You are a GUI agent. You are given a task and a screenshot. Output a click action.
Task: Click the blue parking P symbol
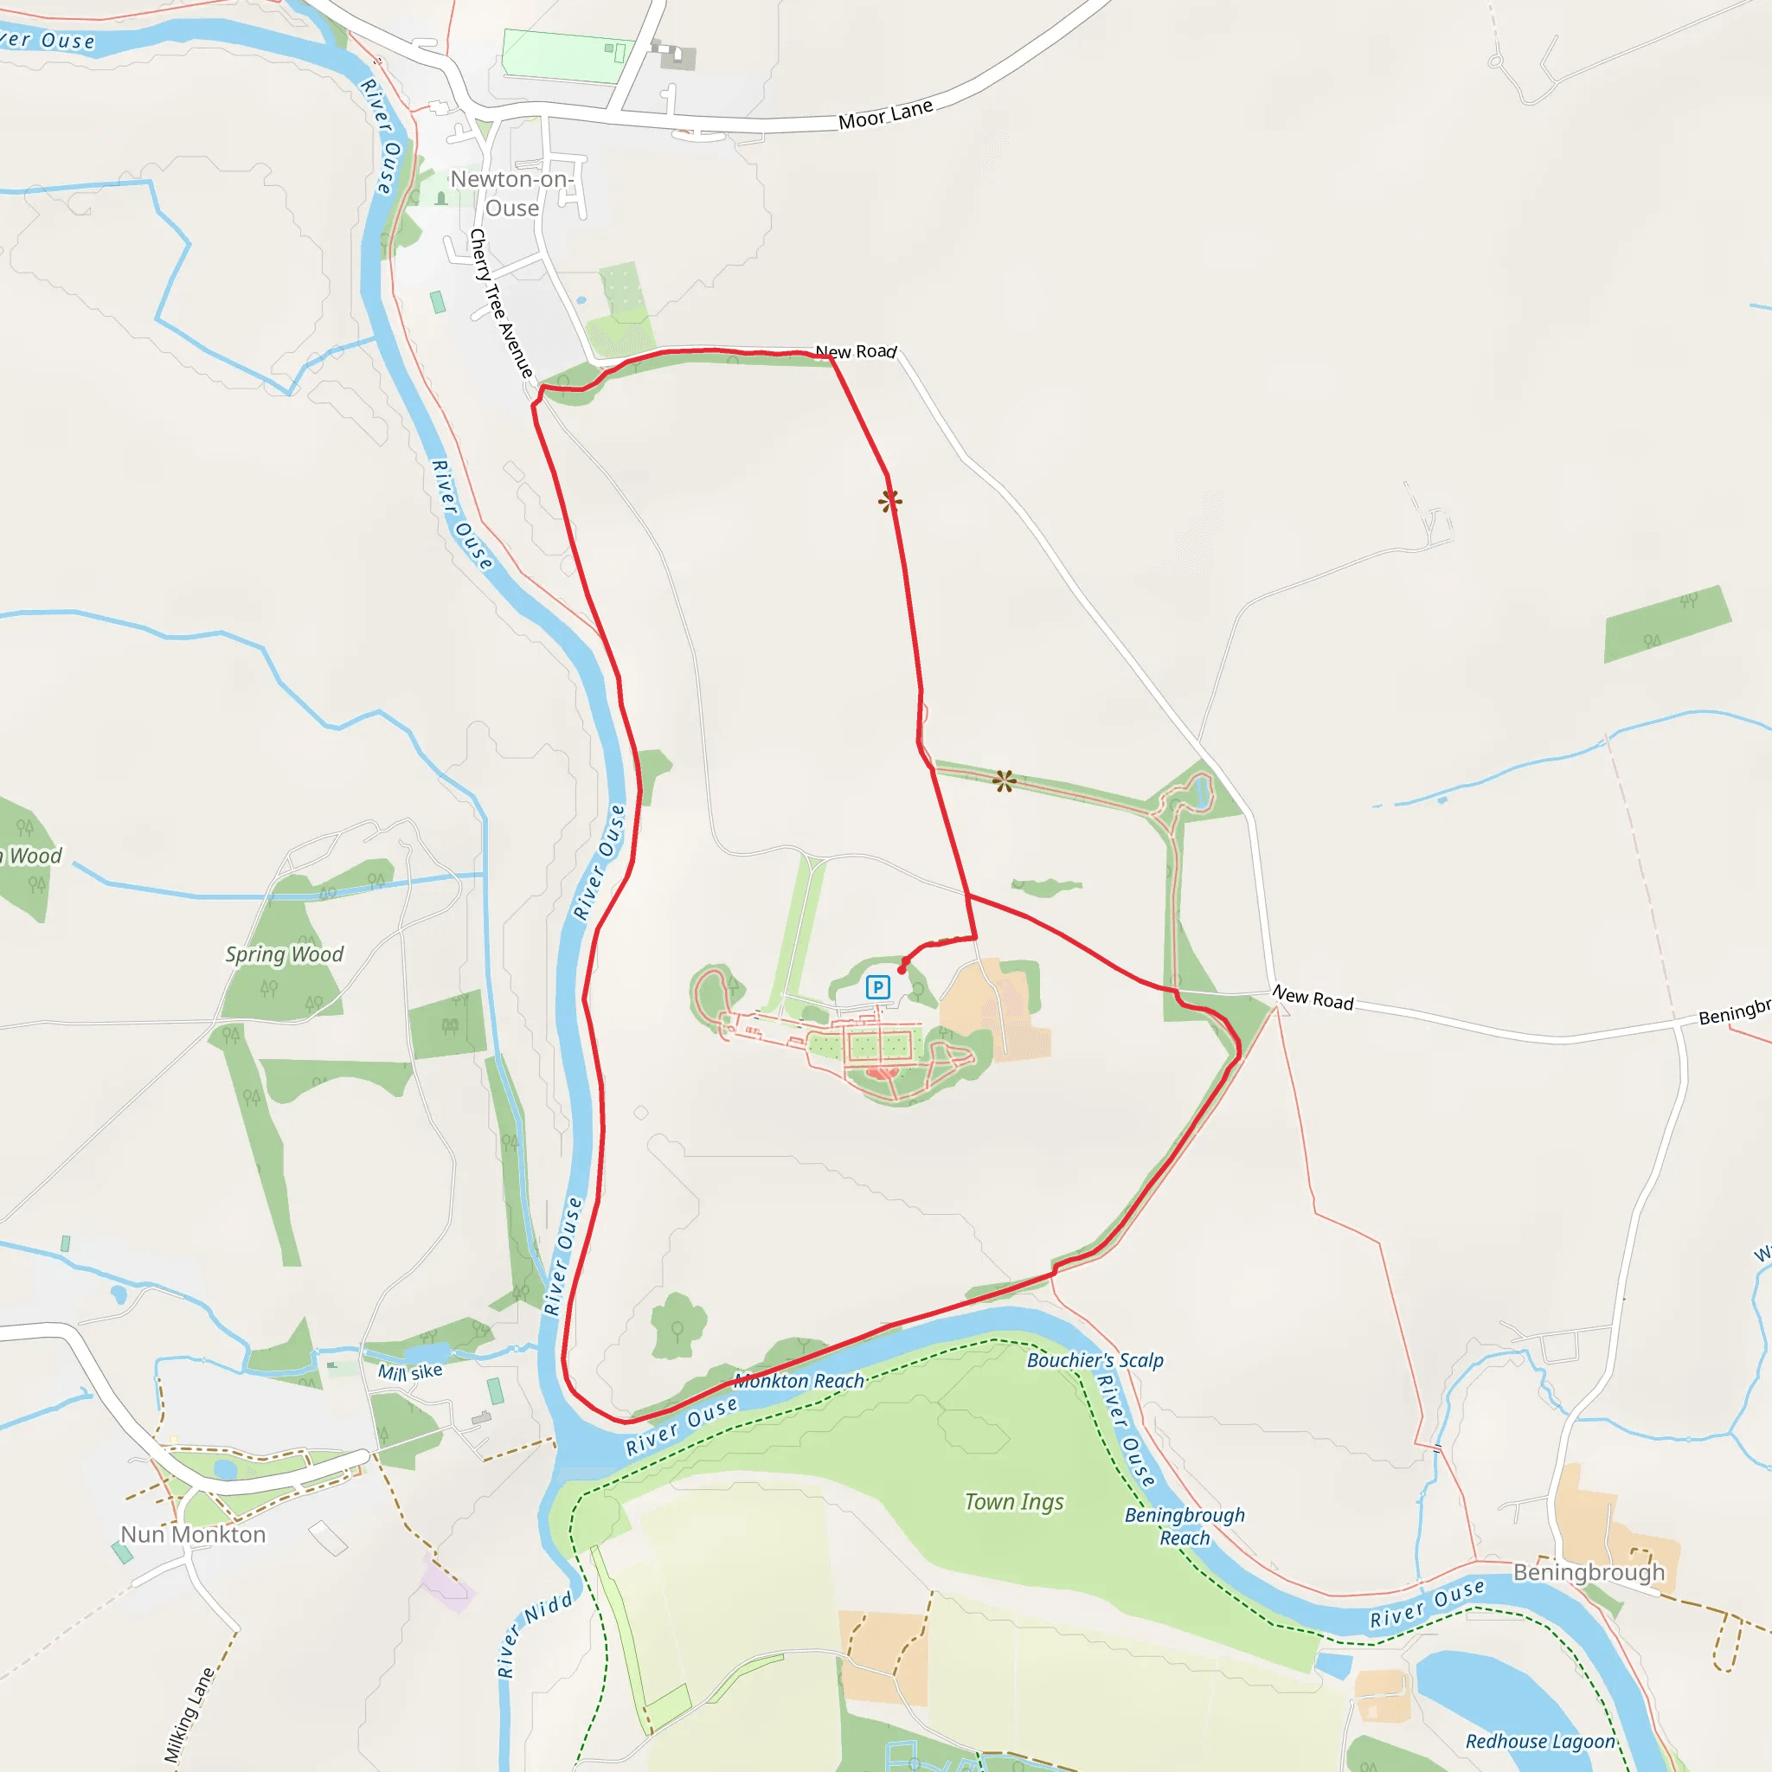[877, 987]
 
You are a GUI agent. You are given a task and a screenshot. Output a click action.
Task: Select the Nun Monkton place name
[194, 1534]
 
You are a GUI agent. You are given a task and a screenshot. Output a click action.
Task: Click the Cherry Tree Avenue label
[501, 304]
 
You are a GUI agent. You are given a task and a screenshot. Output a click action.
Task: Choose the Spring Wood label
[285, 953]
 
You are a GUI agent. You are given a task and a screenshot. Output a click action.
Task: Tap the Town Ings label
[1013, 1501]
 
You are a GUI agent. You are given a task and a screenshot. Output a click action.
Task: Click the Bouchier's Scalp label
[1095, 1360]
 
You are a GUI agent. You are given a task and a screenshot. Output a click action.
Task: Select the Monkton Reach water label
[799, 1380]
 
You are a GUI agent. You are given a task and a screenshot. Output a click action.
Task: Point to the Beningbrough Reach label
[1185, 1526]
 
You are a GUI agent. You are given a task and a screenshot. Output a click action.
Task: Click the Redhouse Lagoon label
[1540, 1741]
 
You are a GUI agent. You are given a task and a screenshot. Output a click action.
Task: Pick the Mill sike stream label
[410, 1372]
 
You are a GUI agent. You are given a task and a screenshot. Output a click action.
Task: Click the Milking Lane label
[189, 1715]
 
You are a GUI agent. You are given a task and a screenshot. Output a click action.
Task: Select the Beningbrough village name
[1589, 1572]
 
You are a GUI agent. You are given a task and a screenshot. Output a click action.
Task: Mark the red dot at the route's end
[902, 969]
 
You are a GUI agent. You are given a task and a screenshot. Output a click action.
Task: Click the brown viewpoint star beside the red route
[889, 501]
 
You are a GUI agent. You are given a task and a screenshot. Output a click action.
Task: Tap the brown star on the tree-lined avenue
[1005, 781]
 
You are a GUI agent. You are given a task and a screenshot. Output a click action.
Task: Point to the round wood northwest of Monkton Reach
[677, 1326]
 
